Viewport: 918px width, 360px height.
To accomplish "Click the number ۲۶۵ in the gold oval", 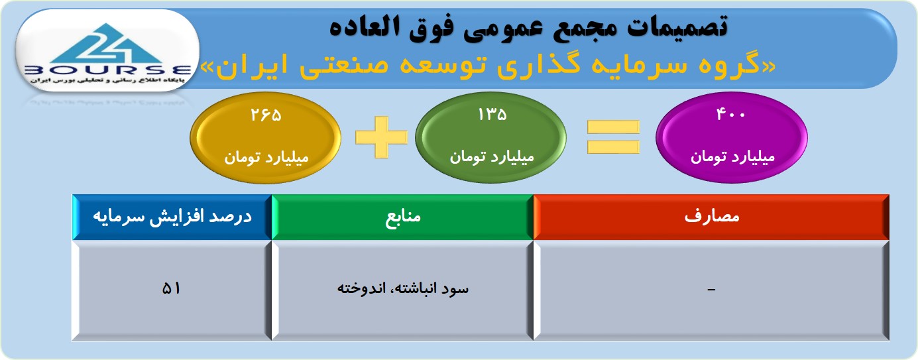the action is pos(266,115).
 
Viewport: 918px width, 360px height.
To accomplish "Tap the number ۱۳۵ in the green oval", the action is pos(492,115).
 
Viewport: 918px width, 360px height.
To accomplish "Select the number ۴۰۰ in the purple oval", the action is pos(730,114).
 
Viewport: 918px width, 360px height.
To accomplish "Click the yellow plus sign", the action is pos(381,137).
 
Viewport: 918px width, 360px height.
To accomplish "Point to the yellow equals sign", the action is pos(613,137).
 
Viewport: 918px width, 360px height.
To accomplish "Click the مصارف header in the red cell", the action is pos(712,216).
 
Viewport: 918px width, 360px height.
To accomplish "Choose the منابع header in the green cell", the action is pos(403,216).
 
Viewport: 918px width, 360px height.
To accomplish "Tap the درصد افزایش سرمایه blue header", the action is pos(172,216).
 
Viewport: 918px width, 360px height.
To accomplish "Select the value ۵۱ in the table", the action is pos(171,288).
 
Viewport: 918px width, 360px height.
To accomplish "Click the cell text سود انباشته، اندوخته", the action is pos(403,288).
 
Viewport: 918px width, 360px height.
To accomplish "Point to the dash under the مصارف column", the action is pos(711,290).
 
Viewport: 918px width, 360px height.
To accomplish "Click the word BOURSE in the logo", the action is pos(108,70).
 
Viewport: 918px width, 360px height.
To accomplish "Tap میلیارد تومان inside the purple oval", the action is pos(732,156).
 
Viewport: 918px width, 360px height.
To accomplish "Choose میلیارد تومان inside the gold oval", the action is pos(266,157).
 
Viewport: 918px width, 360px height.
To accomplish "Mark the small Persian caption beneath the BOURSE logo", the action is pos(107,80).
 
